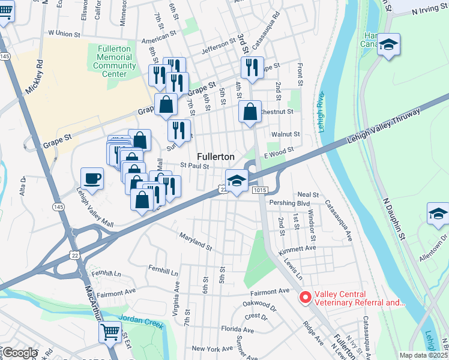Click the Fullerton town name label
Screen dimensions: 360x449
pos(215,156)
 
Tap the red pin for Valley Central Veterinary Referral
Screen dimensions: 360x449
pos(305,297)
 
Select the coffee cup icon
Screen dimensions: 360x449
pos(92,178)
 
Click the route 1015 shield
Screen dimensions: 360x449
pos(258,190)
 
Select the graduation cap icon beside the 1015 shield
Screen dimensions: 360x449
pos(237,181)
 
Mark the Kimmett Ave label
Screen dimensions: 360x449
pos(302,248)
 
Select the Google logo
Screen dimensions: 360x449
pos(19,353)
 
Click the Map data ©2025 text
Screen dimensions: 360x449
pos(423,355)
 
